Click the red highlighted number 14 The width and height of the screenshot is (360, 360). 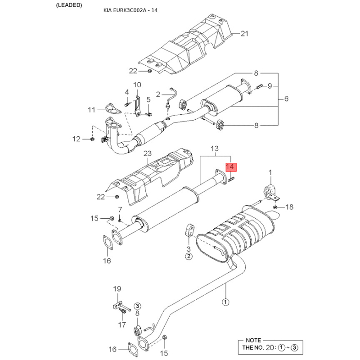point(230,166)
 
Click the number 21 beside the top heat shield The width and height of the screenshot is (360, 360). point(244,33)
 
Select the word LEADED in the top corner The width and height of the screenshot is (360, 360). point(69,5)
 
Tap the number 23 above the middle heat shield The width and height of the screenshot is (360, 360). point(148,153)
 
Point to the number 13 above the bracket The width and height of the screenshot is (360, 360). point(215,148)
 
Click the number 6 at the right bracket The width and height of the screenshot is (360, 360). point(286,99)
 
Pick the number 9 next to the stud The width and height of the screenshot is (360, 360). point(270,86)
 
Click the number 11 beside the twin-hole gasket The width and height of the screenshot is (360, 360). point(91,110)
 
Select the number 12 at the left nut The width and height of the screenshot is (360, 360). point(76,139)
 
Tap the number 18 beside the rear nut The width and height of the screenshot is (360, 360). point(289,207)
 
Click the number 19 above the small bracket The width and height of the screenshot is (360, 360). point(117,288)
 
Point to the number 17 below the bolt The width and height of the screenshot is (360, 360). point(122,324)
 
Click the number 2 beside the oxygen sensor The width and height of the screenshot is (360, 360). point(158,94)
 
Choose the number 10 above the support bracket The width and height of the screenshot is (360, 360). point(137,85)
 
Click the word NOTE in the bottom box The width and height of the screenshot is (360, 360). point(253,340)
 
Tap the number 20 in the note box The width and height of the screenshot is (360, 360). point(270,347)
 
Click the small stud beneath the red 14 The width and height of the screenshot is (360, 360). point(231,180)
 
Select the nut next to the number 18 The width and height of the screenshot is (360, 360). point(275,207)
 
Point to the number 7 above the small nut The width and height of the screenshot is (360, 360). point(120,210)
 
